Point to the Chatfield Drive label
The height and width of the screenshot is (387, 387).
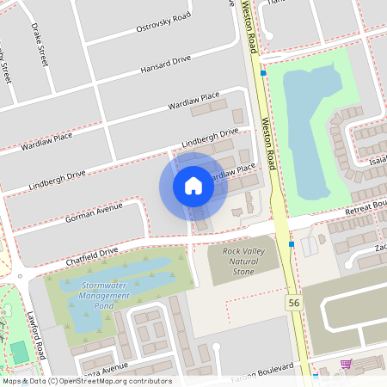pos(90,255)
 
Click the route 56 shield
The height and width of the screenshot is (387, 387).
pos(294,304)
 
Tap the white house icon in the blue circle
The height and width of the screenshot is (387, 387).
pos(193,186)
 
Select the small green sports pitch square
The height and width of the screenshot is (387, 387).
pos(19,352)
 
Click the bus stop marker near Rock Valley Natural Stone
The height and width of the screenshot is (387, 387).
pos(292,244)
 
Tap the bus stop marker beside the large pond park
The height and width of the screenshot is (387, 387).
pos(263,73)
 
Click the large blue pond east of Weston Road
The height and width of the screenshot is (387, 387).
pos(310,120)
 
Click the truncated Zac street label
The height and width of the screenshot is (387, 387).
pos(379,247)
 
